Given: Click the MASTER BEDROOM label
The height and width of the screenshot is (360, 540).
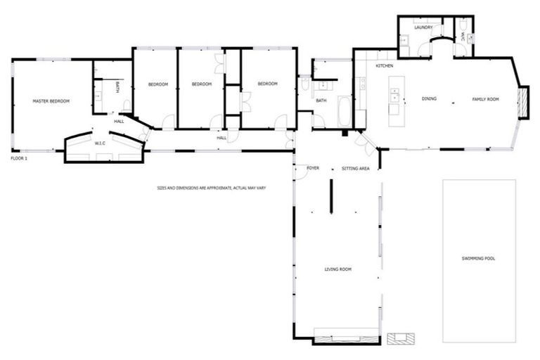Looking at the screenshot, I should [51, 102].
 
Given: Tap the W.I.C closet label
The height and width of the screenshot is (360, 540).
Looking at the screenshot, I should [100, 143].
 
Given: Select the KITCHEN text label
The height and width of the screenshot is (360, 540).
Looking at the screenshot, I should [384, 66].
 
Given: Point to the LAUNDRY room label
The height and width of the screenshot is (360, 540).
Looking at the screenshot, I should [423, 27].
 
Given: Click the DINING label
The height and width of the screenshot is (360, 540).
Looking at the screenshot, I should [429, 99].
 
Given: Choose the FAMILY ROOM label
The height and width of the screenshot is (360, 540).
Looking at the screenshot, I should [485, 99].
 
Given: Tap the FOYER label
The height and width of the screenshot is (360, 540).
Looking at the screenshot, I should [313, 169].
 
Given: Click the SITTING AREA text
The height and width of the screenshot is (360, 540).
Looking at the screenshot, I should [355, 169].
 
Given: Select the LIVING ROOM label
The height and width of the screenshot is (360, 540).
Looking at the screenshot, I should [337, 269].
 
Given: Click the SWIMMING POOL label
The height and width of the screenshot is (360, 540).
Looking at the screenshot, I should [479, 259].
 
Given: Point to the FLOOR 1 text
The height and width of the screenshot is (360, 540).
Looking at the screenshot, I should [19, 159].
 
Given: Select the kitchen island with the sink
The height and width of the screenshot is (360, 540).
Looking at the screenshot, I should [394, 101].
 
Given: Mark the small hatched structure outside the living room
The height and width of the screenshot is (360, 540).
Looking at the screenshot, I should [403, 337].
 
